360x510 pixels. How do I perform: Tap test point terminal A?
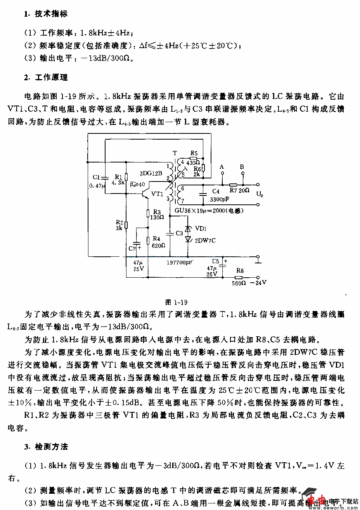[x=222, y=175]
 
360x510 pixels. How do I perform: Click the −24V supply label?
[x=258, y=283]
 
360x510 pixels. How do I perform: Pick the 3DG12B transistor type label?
[x=151, y=174]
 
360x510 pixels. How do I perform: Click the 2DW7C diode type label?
[x=205, y=240]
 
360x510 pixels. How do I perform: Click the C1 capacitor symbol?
[x=105, y=177]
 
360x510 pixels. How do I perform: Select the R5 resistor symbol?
[x=194, y=158]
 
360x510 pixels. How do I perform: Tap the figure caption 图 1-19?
[x=177, y=302]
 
